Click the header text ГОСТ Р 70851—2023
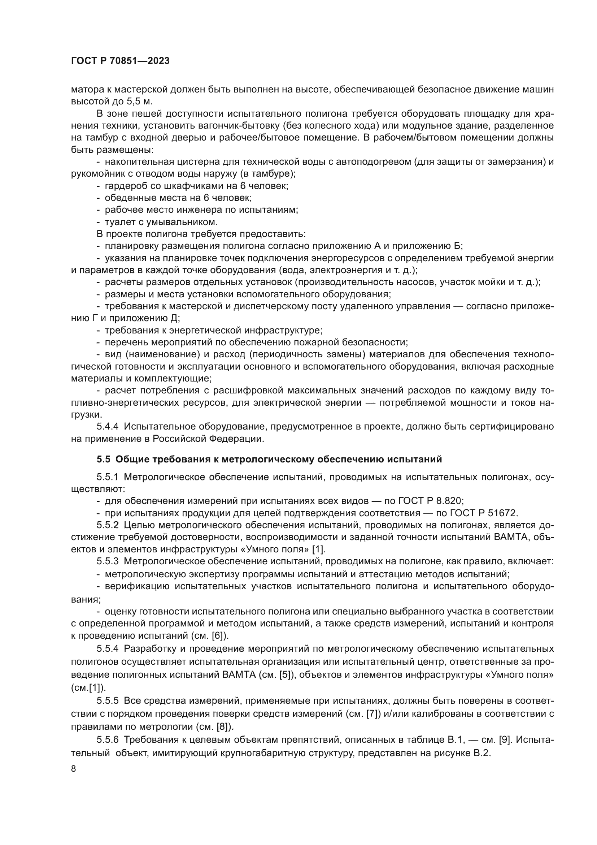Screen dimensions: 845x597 coord(120,61)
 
